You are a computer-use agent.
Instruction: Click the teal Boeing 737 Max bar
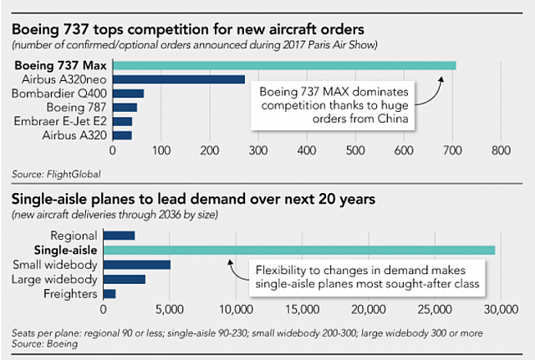[x=284, y=65]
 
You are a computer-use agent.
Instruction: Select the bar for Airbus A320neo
[x=179, y=79]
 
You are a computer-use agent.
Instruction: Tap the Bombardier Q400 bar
[x=129, y=94]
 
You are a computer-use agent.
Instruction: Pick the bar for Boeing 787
[x=125, y=107]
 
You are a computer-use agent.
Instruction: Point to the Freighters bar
[x=110, y=294]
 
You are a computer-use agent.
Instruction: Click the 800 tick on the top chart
[x=502, y=152]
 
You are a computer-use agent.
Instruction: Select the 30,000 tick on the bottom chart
[x=500, y=310]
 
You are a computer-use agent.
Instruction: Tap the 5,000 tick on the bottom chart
[x=169, y=310]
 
